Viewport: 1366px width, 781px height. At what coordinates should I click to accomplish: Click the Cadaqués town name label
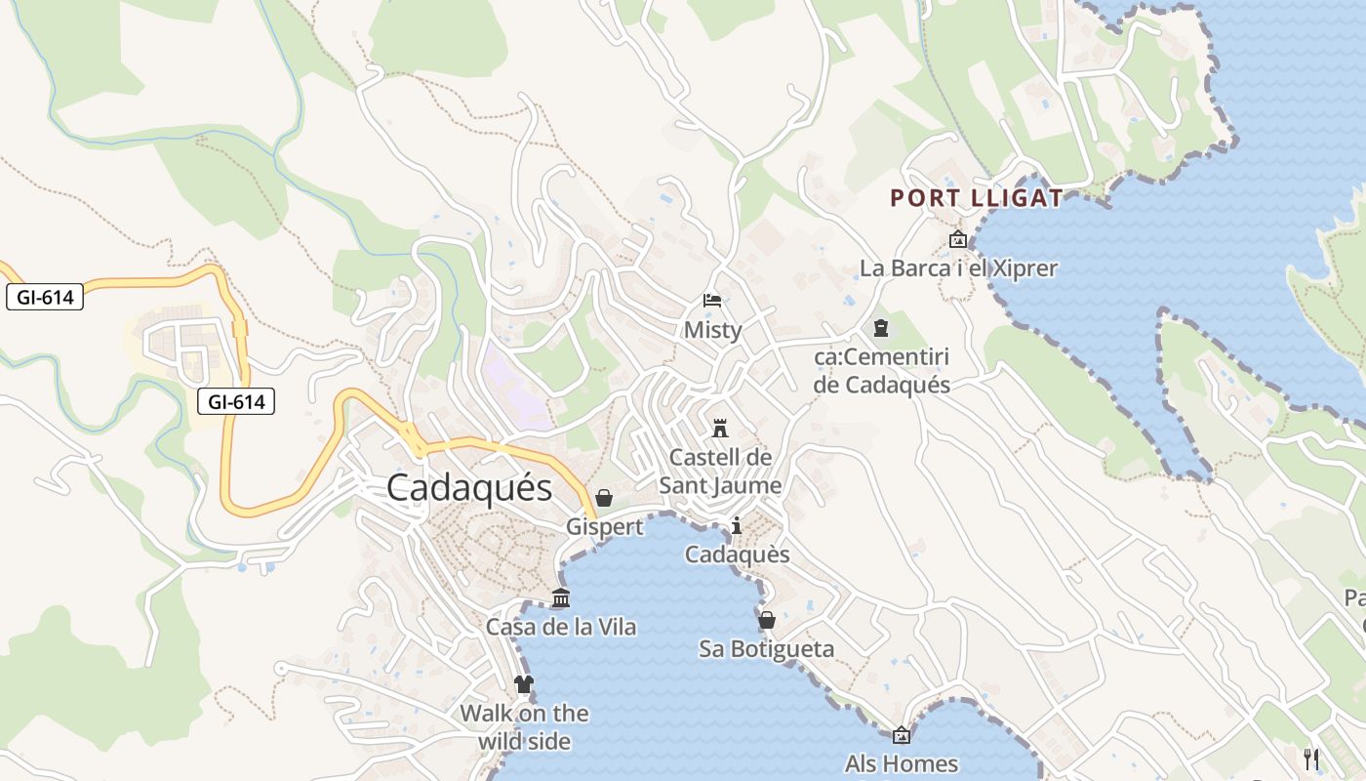coord(469,487)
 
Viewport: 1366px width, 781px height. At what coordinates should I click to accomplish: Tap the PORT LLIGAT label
coord(976,198)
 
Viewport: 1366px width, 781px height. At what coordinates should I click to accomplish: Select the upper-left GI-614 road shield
coord(45,297)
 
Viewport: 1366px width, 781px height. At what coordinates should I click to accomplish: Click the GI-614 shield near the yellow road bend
coord(236,400)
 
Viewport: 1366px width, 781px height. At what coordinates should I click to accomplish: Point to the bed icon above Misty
coord(712,300)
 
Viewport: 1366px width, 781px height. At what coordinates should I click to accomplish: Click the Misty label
coord(712,330)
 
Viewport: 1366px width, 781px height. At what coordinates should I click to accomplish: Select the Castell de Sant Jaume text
coord(720,471)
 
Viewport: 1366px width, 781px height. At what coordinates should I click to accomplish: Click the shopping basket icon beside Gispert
coord(604,498)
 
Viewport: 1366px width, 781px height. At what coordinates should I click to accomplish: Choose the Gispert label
coord(605,527)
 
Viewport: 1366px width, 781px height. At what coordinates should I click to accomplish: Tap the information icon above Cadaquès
coord(737,526)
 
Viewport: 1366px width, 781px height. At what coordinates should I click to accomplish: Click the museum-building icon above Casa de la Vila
coord(560,597)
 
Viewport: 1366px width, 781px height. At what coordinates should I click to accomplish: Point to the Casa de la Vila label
coord(561,627)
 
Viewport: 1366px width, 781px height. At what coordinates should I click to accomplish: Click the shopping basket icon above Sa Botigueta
coord(767,620)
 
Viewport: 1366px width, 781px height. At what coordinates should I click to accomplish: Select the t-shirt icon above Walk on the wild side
coord(524,683)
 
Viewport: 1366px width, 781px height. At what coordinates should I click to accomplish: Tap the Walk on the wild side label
coord(524,726)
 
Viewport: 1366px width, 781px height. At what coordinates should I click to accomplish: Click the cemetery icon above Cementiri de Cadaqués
coord(881,328)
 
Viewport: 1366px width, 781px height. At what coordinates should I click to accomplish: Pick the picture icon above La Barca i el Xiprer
coord(958,239)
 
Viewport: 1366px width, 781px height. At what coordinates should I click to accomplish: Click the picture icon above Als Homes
coord(902,735)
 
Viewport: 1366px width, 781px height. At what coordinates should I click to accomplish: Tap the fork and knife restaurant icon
coord(1311,759)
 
